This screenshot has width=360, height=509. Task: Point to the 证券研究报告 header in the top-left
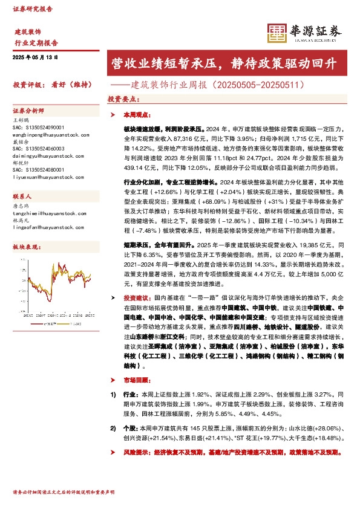pos(32,10)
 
